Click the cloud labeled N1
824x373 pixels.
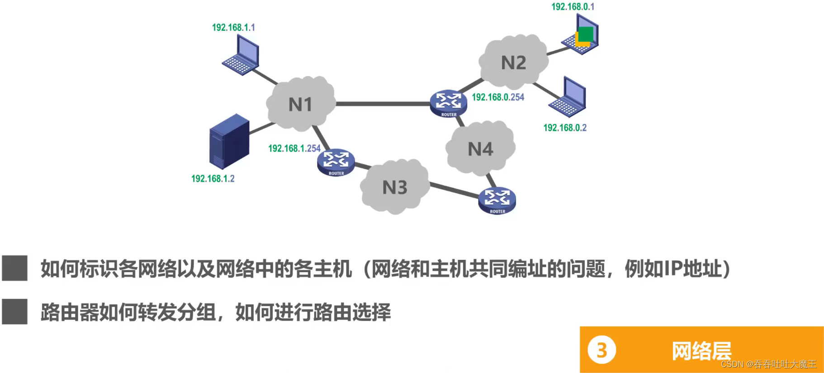tap(300, 104)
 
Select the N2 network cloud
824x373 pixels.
tap(513, 62)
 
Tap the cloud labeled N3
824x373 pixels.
tap(395, 186)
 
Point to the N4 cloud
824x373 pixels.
tap(480, 148)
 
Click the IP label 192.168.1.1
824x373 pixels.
tap(233, 28)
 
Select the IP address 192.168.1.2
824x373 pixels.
tap(213, 178)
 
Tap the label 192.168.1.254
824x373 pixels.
tap(294, 148)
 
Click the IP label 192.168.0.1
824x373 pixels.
tap(573, 6)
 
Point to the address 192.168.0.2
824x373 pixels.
tap(564, 128)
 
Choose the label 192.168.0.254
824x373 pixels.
tap(498, 97)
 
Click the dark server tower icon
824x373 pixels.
tap(229, 141)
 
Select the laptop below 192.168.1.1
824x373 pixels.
tap(242, 55)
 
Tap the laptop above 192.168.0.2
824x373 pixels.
tap(568, 96)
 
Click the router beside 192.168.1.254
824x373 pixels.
tap(336, 162)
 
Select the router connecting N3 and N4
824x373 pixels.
tap(497, 200)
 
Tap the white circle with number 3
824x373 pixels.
tap(601, 349)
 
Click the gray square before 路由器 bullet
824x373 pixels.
tap(15, 311)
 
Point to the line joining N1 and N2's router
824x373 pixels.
tap(382, 104)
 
